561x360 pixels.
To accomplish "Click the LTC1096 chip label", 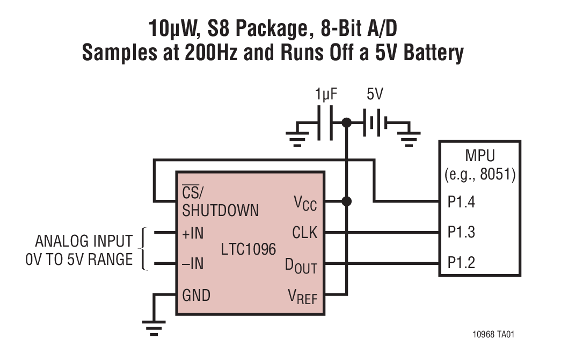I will (x=249, y=249).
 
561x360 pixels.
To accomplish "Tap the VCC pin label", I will (x=305, y=203).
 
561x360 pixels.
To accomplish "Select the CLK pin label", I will (x=304, y=233).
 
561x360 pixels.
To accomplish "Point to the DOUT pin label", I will (x=301, y=265).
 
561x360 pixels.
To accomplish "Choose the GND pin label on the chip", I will (x=196, y=295).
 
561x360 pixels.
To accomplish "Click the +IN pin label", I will (x=193, y=233).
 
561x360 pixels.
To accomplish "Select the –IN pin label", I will (x=193, y=264).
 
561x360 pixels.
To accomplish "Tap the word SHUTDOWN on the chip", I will (x=220, y=210).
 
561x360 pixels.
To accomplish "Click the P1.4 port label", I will (x=461, y=203).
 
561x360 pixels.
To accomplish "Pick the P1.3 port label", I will (x=461, y=233).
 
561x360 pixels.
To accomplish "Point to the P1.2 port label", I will (x=461, y=263).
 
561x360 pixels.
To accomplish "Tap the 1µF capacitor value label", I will (x=327, y=95).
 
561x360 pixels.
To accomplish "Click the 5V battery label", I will (x=375, y=95).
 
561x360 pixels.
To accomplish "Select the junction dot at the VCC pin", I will (x=347, y=201).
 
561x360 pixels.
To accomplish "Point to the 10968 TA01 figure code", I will (x=493, y=334).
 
